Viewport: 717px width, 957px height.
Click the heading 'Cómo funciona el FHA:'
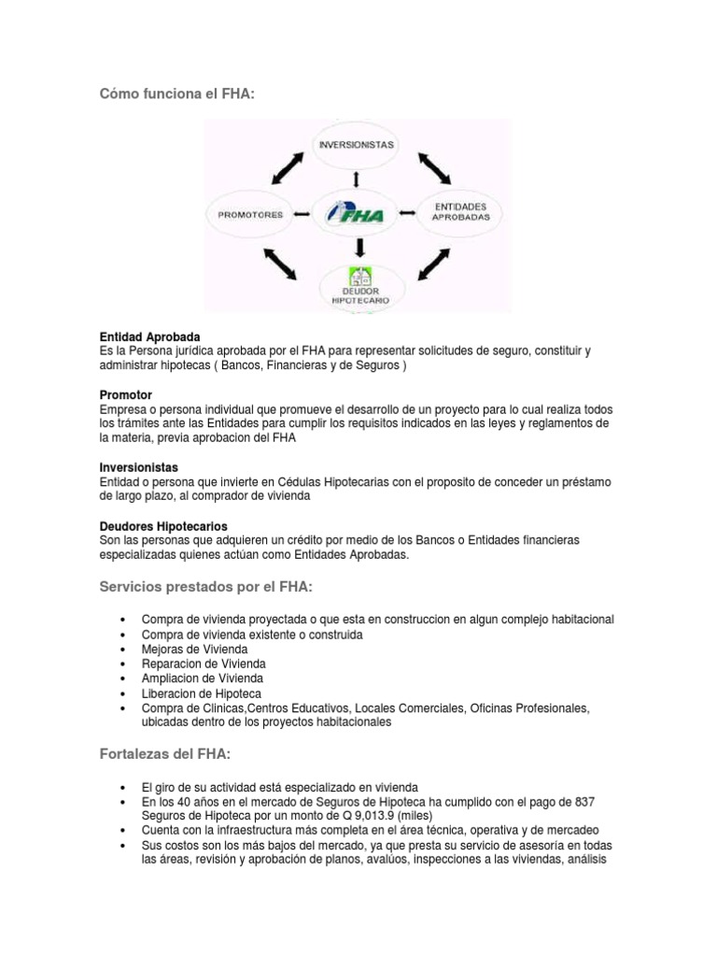[176, 93]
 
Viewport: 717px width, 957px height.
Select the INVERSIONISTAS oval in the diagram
[356, 145]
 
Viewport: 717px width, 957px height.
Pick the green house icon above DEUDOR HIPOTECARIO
[359, 278]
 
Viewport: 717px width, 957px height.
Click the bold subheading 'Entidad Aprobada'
[149, 336]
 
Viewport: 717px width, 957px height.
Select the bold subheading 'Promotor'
[126, 395]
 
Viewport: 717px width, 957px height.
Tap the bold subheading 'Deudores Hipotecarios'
[163, 526]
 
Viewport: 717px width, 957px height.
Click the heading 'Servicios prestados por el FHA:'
[205, 586]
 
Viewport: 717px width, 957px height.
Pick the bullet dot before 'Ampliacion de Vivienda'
[123, 678]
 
